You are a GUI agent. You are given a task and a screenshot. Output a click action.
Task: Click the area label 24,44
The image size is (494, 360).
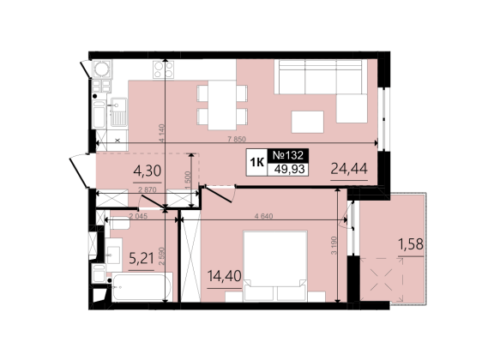pos(349,169)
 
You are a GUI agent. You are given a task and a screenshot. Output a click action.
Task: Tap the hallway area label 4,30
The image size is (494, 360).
pos(148,171)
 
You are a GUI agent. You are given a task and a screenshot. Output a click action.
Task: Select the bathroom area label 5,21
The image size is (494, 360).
pos(142,259)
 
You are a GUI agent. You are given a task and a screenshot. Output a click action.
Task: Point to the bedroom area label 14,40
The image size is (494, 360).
pos(225,276)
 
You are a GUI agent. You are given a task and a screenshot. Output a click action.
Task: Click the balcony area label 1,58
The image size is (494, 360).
pos(411,244)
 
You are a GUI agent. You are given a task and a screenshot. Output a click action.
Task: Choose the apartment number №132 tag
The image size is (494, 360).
pos(288,155)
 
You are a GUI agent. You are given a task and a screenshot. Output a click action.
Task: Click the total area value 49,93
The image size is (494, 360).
pos(289,169)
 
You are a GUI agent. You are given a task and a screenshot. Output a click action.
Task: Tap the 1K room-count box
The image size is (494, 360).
pos(256,162)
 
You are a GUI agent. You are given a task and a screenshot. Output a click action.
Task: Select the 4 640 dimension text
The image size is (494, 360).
pos(263,216)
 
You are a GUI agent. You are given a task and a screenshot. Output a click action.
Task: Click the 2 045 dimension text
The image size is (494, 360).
pos(138,216)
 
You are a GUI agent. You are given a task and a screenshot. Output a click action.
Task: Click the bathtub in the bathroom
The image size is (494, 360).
pos(142,287)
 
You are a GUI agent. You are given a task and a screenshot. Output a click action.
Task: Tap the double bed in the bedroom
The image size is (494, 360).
pos(274,266)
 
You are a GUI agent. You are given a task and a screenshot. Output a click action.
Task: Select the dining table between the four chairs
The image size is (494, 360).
pos(222,105)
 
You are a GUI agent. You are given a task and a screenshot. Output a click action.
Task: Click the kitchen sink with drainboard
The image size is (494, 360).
pos(117,111)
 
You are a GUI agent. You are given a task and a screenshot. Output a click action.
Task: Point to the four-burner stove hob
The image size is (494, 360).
pos(163,69)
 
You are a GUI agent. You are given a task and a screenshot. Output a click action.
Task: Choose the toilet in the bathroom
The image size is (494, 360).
pos(119,223)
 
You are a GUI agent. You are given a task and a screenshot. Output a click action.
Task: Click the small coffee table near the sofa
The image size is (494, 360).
pos(308,122)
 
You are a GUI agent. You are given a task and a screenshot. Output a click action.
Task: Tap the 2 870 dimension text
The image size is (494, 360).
pos(148,189)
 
